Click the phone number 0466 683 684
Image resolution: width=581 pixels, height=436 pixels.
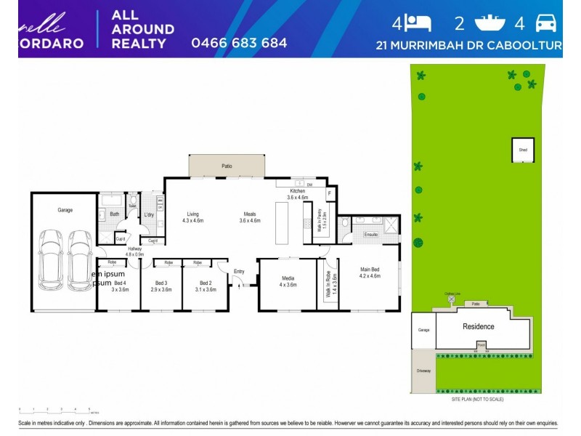click(239, 43)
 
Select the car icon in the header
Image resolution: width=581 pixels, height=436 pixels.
click(545, 23)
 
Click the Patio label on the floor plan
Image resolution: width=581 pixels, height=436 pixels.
click(227, 166)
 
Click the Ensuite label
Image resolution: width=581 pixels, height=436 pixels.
click(370, 235)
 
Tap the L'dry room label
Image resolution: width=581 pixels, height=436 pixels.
click(149, 214)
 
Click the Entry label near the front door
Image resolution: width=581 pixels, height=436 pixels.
click(239, 271)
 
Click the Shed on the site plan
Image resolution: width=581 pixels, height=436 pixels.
click(522, 150)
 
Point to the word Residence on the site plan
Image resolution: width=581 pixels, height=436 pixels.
click(479, 326)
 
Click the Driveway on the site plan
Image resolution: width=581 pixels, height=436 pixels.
click(423, 371)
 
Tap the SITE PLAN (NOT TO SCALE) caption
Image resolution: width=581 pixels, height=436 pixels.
click(472, 399)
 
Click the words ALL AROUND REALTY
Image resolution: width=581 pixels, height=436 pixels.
click(142, 29)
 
